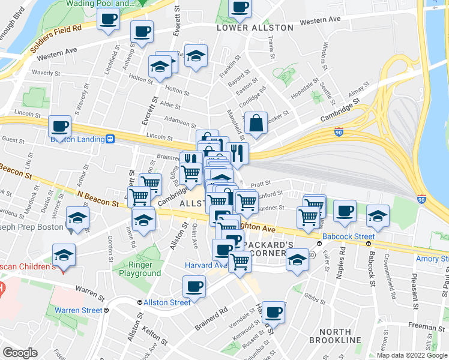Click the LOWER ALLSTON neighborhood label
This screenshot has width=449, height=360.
tap(255, 28)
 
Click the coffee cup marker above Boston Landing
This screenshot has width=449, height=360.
tap(59, 127)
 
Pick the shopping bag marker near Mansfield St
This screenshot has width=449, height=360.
tap(256, 124)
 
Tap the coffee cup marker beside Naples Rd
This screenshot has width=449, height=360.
tap(345, 211)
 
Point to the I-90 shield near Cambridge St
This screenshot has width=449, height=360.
tap(339, 131)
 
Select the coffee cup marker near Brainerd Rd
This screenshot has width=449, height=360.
tap(194, 287)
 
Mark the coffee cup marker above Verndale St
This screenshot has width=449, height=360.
tap(274, 311)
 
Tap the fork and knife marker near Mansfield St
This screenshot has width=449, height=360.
tap(238, 154)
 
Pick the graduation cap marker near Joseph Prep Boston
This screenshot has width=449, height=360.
tap(78, 218)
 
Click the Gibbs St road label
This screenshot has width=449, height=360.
tap(314, 298)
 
